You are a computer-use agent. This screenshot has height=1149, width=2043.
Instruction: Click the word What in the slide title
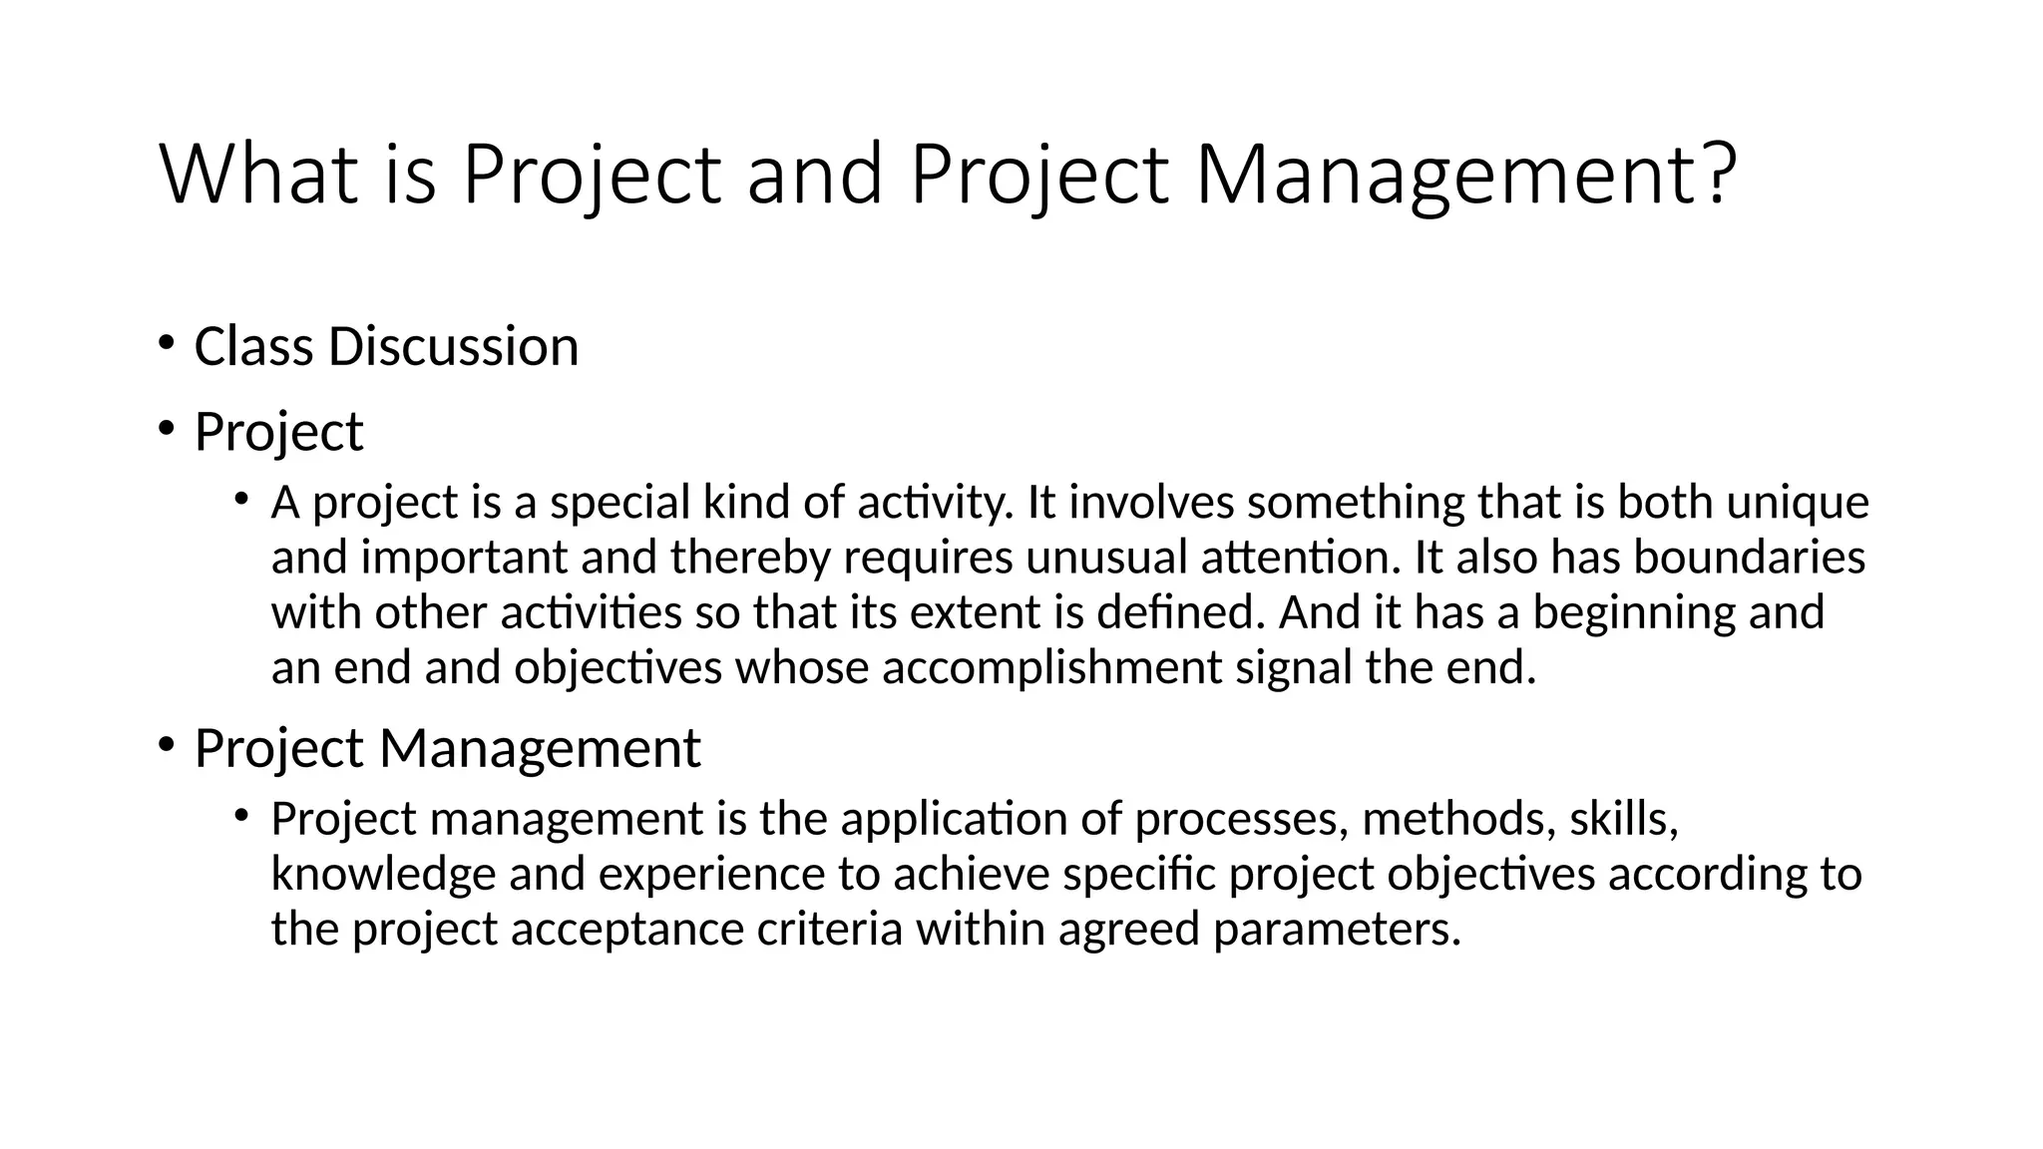(x=258, y=176)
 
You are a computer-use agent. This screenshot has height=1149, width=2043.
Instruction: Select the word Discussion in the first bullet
(x=453, y=347)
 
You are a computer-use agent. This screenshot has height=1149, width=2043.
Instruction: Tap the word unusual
(x=1106, y=558)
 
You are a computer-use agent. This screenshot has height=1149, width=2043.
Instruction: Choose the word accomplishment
(x=1051, y=668)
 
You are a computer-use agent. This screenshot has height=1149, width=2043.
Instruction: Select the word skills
(x=1623, y=819)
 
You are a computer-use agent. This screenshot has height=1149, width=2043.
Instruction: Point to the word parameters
(x=1336, y=931)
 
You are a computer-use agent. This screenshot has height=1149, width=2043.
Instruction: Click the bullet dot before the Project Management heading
(x=166, y=744)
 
